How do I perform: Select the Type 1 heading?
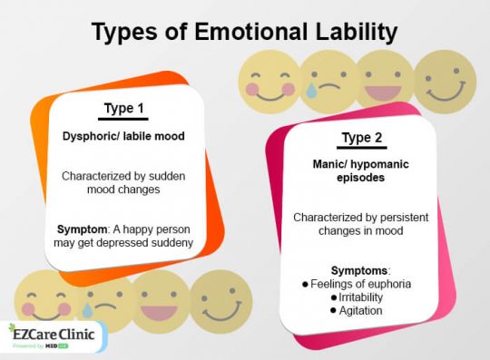pyautogui.click(x=124, y=110)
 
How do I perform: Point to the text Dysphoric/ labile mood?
pyautogui.click(x=124, y=138)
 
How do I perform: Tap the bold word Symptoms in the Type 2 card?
pyautogui.click(x=360, y=270)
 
